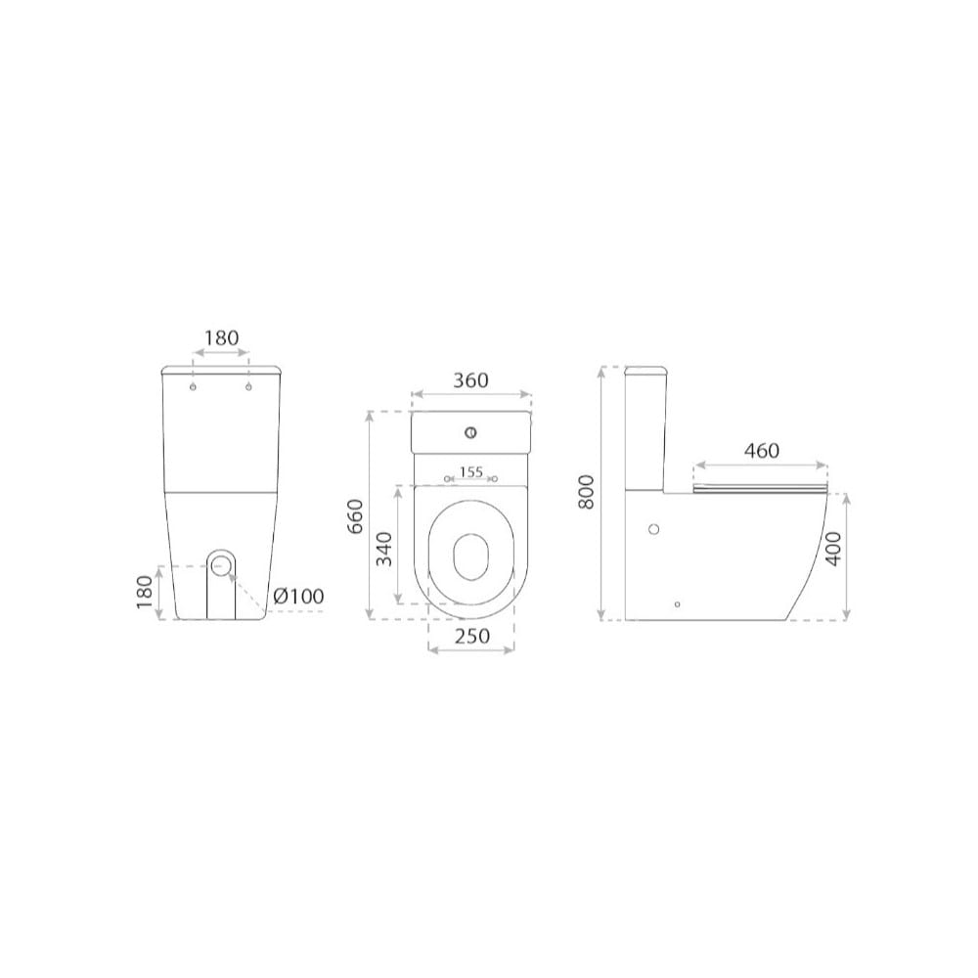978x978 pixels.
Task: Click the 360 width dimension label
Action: [471, 380]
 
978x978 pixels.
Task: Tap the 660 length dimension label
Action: [354, 515]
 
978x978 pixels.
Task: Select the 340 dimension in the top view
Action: [385, 549]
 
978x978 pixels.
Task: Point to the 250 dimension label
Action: [472, 637]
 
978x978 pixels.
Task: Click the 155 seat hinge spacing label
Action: [471, 472]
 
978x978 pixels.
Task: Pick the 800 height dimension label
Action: [586, 492]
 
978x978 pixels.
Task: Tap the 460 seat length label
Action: [762, 450]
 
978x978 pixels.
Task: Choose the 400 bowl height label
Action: [833, 549]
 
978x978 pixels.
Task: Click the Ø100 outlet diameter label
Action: [298, 597]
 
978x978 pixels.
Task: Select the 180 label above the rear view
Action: [221, 338]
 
